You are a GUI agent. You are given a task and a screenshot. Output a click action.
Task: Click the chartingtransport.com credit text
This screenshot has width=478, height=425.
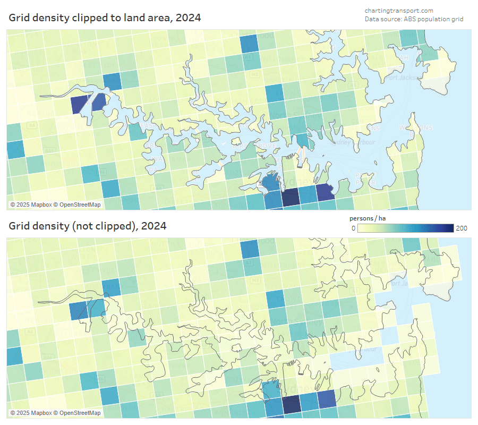click(x=399, y=11)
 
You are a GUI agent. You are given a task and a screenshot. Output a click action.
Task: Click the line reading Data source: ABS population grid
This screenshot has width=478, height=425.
click(x=414, y=19)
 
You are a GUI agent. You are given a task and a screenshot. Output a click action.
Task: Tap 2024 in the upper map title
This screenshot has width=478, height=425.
click(x=189, y=18)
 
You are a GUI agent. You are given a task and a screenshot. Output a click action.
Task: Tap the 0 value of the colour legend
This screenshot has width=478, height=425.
click(x=353, y=228)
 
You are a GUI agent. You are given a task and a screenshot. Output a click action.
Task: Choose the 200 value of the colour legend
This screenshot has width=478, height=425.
click(x=462, y=228)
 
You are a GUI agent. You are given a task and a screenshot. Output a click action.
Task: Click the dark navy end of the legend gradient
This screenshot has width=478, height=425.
click(x=449, y=228)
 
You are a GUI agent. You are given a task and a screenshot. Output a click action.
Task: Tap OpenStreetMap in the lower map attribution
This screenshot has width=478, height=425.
click(x=80, y=413)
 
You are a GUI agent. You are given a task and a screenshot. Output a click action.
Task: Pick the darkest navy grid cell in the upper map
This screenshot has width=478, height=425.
click(x=291, y=198)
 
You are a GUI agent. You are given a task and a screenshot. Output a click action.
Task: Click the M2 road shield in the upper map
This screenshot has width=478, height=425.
click(x=255, y=75)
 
